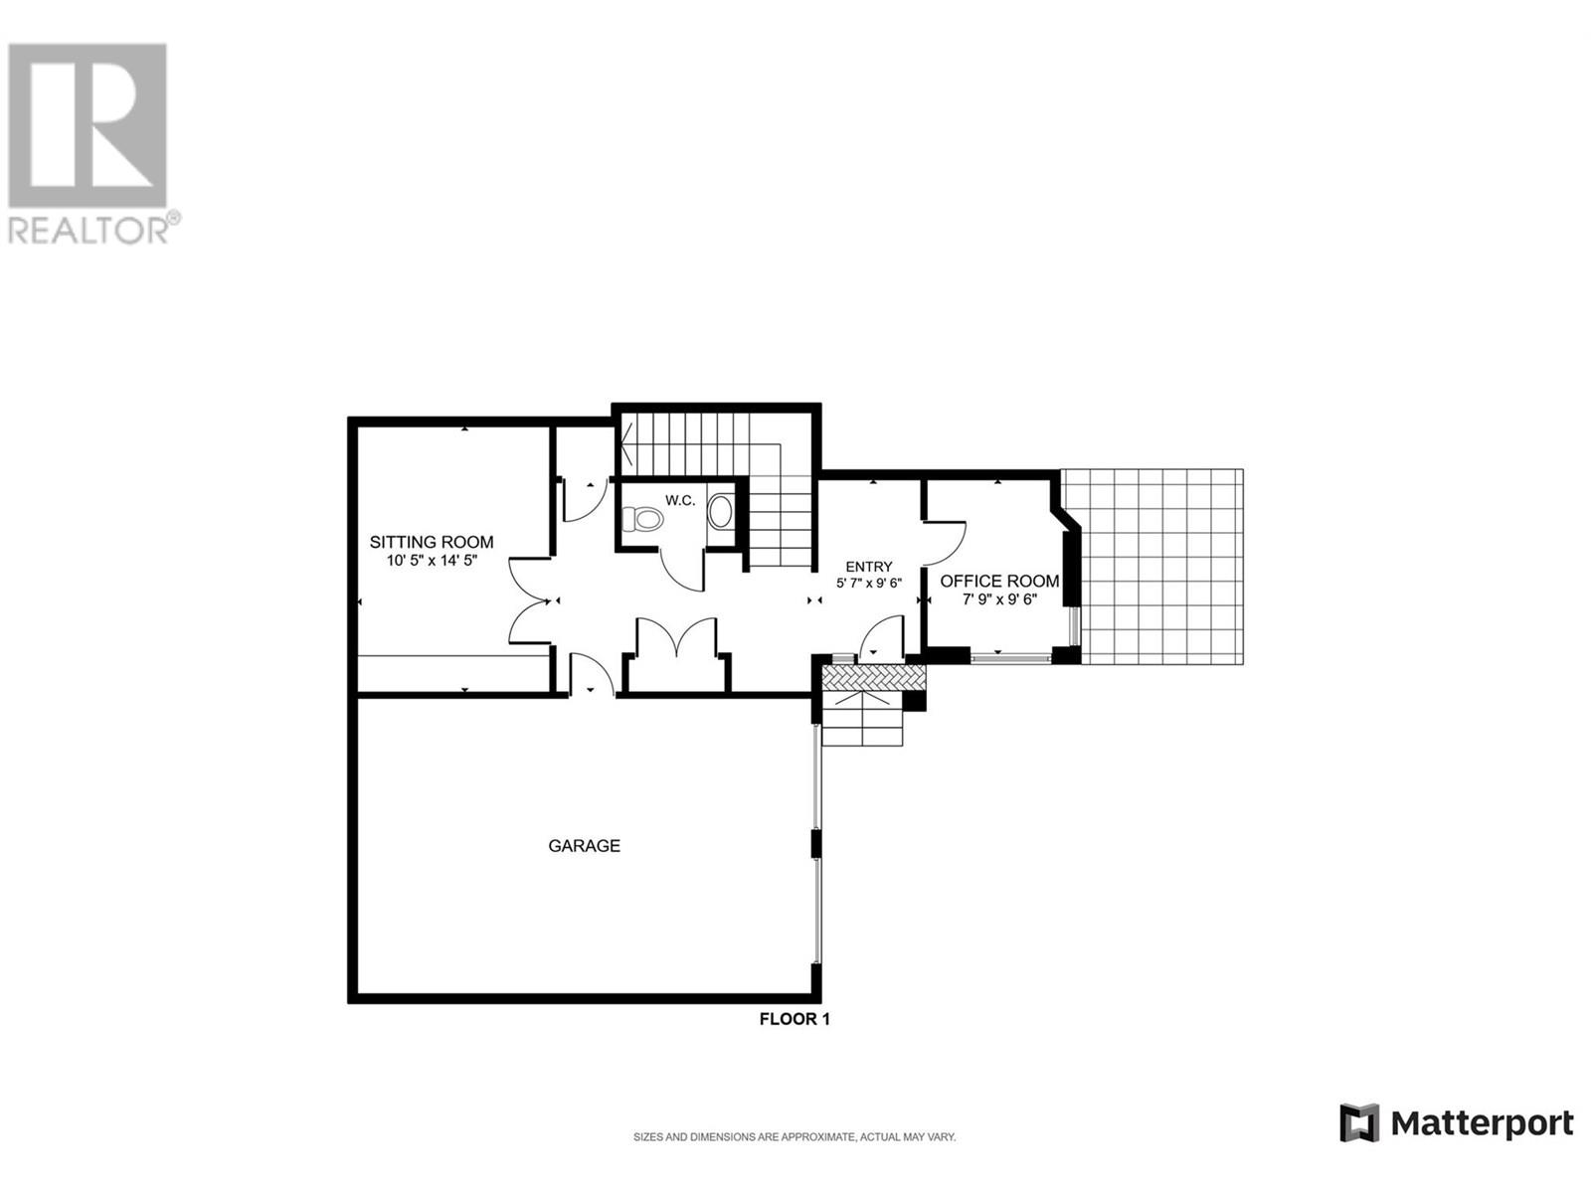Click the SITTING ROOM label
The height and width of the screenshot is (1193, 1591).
click(432, 542)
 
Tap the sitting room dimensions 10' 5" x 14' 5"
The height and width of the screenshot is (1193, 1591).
click(432, 561)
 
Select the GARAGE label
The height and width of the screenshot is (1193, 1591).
click(584, 846)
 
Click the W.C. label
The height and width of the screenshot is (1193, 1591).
click(680, 500)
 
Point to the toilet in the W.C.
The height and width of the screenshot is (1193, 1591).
click(642, 519)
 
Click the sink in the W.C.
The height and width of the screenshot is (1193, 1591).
click(720, 512)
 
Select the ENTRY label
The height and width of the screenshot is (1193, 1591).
click(869, 567)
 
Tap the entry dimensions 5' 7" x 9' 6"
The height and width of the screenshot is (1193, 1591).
click(869, 584)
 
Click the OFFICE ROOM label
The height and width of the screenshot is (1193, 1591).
click(999, 582)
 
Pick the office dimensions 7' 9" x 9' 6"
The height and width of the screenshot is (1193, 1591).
click(999, 599)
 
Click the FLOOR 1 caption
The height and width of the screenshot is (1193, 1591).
click(795, 1019)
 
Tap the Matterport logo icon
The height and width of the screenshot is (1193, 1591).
click(1359, 1123)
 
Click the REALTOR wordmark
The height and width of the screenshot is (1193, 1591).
click(89, 231)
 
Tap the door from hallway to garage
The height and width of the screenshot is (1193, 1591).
click(592, 676)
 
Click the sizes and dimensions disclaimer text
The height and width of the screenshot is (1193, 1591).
click(795, 1137)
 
